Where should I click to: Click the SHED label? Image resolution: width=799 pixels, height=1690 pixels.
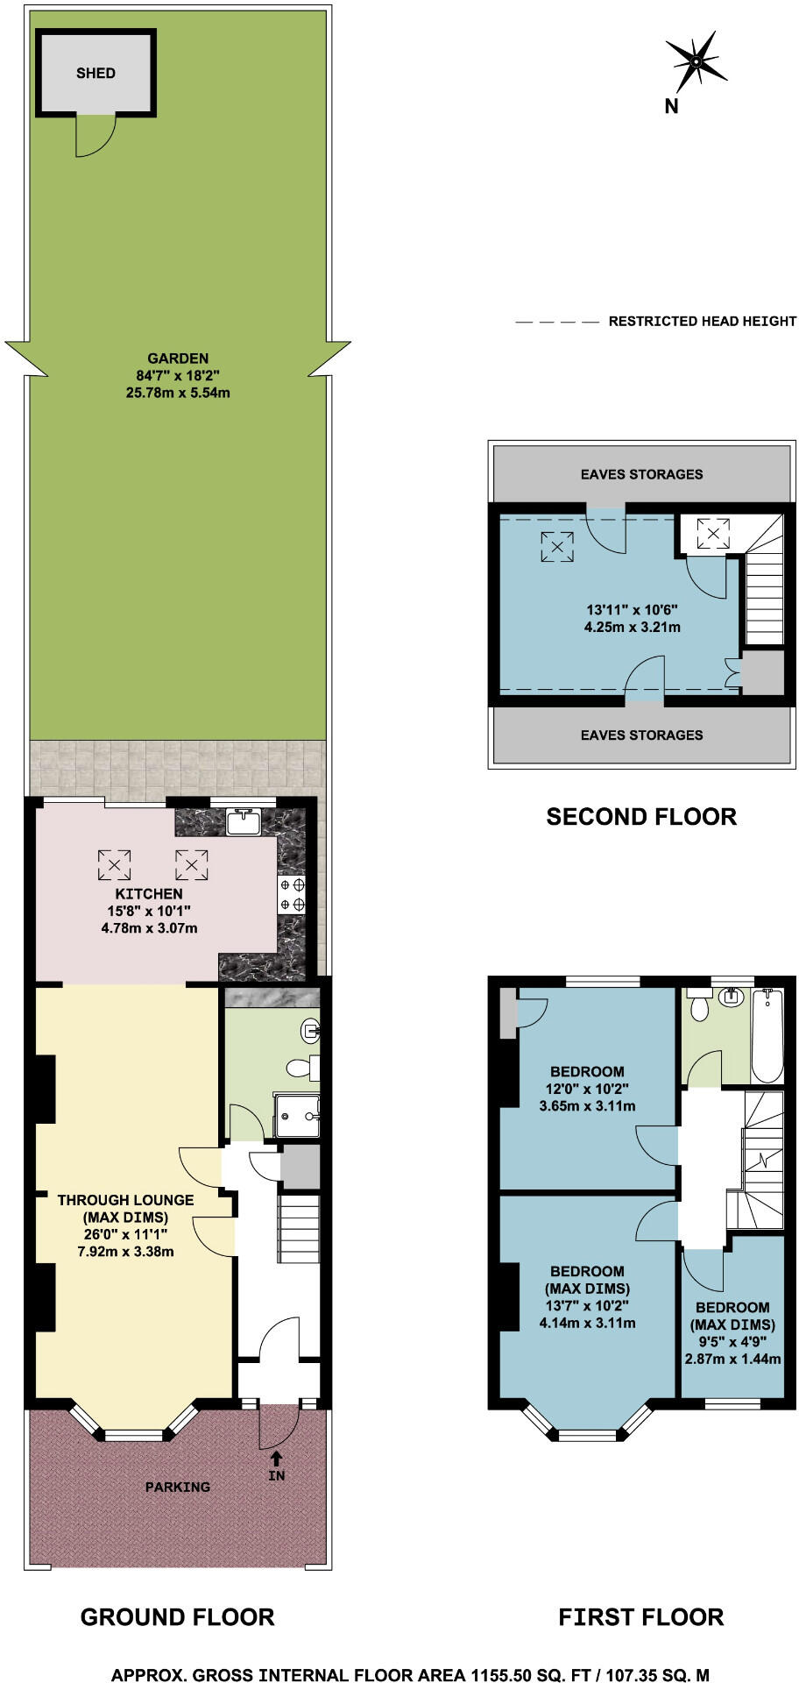[x=95, y=73]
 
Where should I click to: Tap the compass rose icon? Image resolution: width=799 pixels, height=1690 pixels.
[x=696, y=62]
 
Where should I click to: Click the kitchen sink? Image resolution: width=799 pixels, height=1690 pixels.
[x=243, y=822]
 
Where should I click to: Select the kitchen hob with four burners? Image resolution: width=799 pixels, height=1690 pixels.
[x=293, y=894]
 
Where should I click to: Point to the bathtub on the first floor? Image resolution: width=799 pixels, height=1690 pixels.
[x=767, y=1035]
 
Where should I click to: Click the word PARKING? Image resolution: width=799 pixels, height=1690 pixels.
[x=178, y=1487]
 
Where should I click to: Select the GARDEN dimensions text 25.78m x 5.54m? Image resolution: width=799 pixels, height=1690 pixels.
[x=178, y=393]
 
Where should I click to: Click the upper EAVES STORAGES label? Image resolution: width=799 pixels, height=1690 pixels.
[x=641, y=474]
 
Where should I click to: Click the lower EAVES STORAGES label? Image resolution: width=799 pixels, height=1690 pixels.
[x=641, y=735]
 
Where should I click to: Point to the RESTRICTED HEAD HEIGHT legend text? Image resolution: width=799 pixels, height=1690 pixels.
[x=703, y=322]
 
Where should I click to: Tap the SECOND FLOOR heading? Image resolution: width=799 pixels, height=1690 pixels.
[x=641, y=816]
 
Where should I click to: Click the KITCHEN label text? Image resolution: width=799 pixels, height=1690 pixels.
[x=150, y=893]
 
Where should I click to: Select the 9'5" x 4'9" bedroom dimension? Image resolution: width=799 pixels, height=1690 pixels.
[x=732, y=1341]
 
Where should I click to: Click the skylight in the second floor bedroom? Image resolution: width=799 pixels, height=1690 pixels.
[x=556, y=546]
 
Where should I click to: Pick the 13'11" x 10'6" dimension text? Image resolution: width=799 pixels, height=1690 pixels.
[x=632, y=610]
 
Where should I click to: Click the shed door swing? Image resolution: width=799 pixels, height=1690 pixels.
[x=95, y=137]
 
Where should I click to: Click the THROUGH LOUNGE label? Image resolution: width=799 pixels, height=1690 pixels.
[x=125, y=1200]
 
